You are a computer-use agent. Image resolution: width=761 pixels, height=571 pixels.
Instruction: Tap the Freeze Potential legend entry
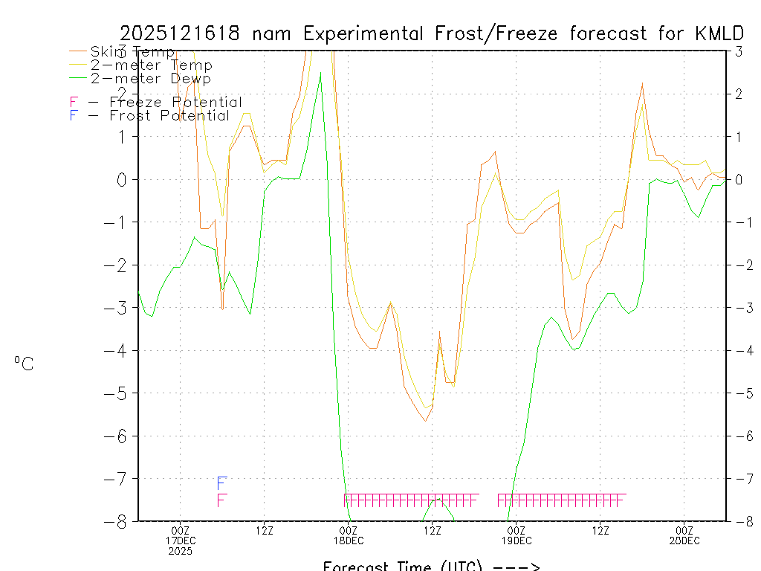[x=156, y=102]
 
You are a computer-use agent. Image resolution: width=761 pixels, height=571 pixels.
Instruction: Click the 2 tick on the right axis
[x=739, y=94]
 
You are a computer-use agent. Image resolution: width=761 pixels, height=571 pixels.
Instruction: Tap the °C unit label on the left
[x=24, y=364]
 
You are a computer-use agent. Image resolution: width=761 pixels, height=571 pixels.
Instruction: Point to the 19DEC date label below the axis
[x=516, y=541]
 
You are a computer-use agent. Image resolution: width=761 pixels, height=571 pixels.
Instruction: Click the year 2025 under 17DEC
[x=180, y=551]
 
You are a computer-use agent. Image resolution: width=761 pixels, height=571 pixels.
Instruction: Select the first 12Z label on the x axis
[x=264, y=530]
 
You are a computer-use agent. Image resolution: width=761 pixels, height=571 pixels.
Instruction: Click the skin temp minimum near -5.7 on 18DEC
[x=425, y=421]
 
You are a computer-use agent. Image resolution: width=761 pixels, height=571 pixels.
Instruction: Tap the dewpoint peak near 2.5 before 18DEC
[x=320, y=73]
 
